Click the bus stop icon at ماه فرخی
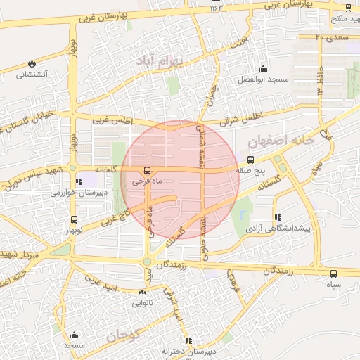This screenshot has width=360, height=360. click(147, 170)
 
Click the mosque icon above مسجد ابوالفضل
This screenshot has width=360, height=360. click(263, 68)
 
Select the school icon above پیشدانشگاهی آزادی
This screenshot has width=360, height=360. click(278, 217)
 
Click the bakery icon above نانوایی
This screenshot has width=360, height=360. click(143, 292)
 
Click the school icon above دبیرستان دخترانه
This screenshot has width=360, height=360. click(188, 341)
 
